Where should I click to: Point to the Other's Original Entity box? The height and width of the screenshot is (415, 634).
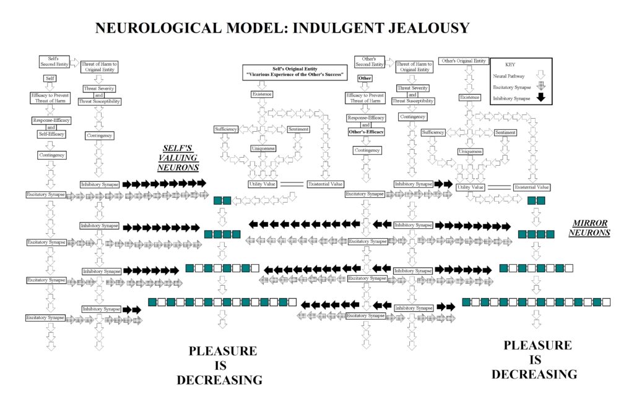462,61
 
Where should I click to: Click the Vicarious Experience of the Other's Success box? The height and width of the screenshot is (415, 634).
291,72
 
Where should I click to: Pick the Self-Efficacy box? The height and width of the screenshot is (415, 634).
50,134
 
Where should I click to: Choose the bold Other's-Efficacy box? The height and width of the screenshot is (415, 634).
366,132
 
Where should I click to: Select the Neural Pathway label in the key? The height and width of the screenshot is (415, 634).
508,76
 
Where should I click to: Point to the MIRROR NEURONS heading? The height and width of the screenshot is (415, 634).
592,228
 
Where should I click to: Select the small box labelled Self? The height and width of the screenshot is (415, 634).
50,79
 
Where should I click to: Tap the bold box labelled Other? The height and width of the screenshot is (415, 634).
365,79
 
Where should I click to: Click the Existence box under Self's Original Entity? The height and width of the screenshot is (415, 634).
262,94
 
